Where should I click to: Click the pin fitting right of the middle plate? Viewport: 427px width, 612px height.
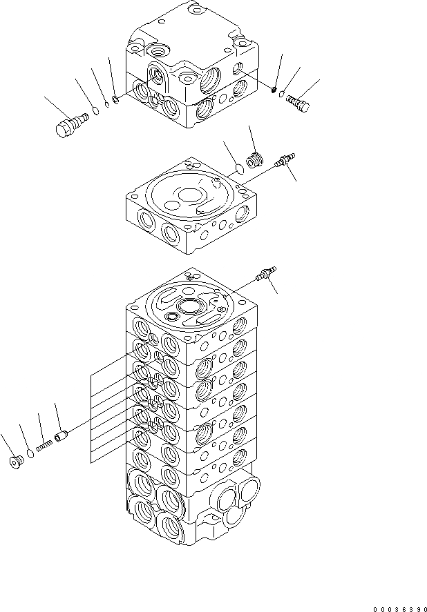(284, 161)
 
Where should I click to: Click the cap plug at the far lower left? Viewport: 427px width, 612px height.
(15, 462)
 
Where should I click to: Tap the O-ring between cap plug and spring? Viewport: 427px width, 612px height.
(30, 454)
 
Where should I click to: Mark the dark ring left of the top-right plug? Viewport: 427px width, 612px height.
(274, 89)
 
